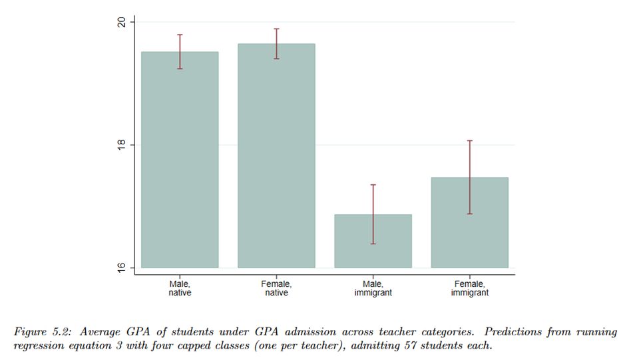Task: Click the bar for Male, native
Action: pyautogui.click(x=180, y=160)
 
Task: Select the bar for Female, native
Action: pyautogui.click(x=276, y=156)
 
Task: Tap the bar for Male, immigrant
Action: pyautogui.click(x=373, y=241)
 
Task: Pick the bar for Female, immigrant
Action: pyautogui.click(x=469, y=222)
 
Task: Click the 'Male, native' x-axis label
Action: pyautogui.click(x=180, y=288)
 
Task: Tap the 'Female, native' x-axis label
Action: pyautogui.click(x=276, y=288)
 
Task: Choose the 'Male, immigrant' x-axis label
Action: pyautogui.click(x=373, y=288)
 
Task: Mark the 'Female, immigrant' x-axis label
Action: pyautogui.click(x=469, y=288)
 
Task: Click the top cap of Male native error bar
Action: pyautogui.click(x=180, y=35)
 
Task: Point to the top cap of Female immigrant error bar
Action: pyautogui.click(x=469, y=140)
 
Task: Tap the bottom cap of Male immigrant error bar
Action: pyautogui.click(x=373, y=244)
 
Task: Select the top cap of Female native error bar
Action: pyautogui.click(x=276, y=29)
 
